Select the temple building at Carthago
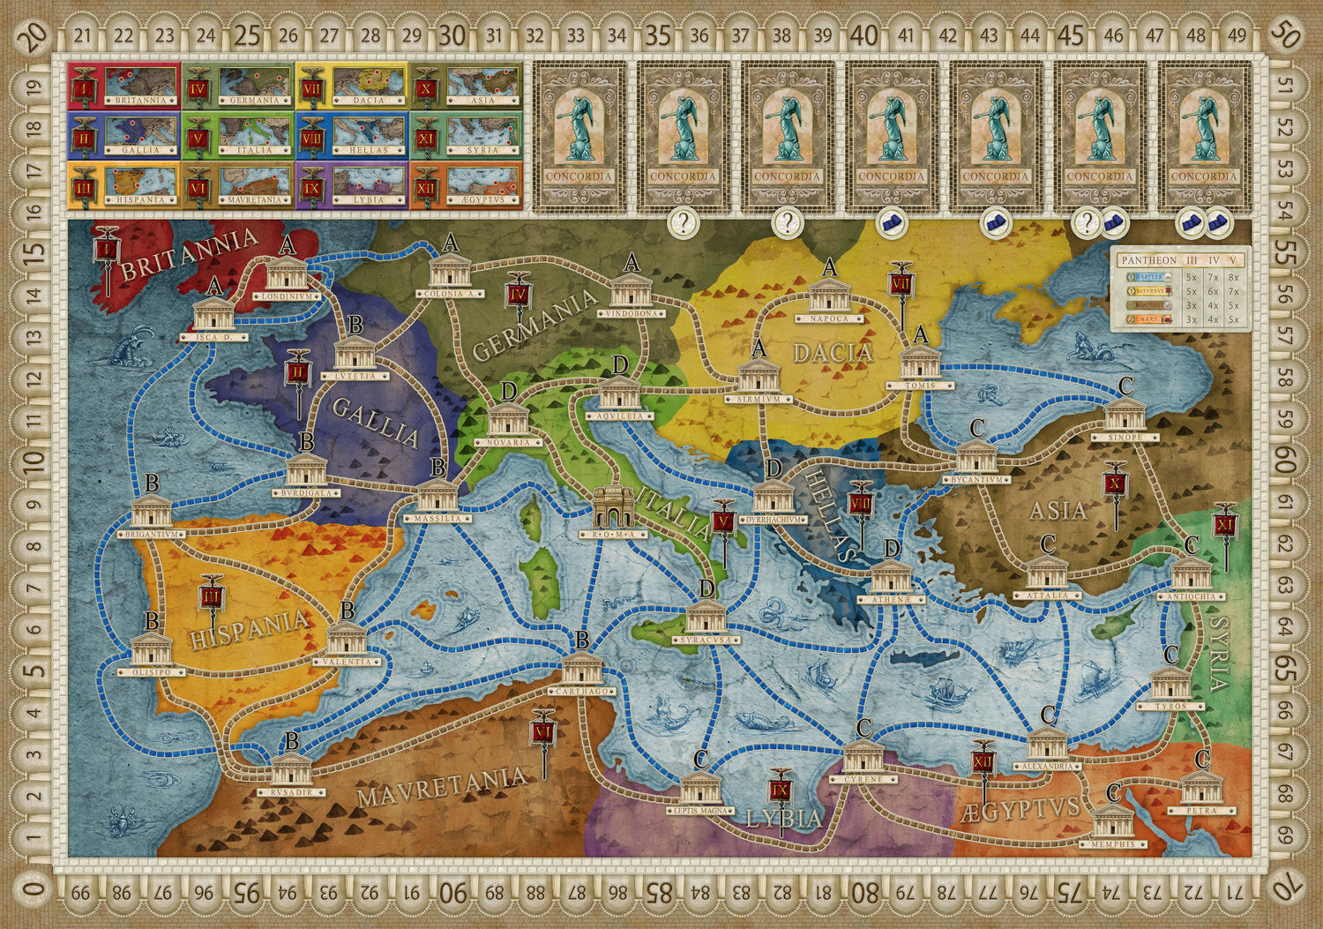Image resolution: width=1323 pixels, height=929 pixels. (581, 670)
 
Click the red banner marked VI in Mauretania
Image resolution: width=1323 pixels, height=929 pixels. (543, 732)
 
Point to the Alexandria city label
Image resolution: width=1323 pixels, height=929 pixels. (1048, 767)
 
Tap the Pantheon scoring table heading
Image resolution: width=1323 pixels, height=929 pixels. (1147, 260)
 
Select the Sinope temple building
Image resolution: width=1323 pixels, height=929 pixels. (1125, 415)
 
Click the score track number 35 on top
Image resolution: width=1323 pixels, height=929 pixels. (658, 35)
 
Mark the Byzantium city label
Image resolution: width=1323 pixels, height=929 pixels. (976, 480)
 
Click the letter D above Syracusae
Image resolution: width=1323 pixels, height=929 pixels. (706, 588)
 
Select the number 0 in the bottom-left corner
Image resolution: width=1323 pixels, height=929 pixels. (34, 893)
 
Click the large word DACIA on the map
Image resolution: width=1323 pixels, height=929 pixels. (832, 354)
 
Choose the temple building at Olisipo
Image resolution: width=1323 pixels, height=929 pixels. (152, 651)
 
